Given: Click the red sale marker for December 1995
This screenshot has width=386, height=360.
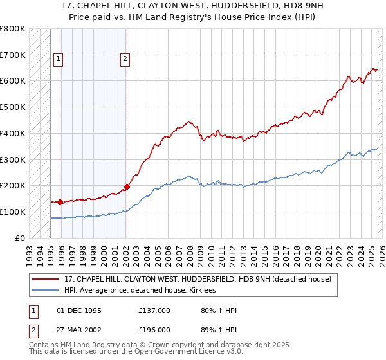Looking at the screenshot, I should pyautogui.click(x=60, y=202).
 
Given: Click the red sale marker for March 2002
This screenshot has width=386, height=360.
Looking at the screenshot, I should pyautogui.click(x=127, y=186).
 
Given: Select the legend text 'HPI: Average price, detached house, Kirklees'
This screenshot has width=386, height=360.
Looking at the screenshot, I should pyautogui.click(x=140, y=291).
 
